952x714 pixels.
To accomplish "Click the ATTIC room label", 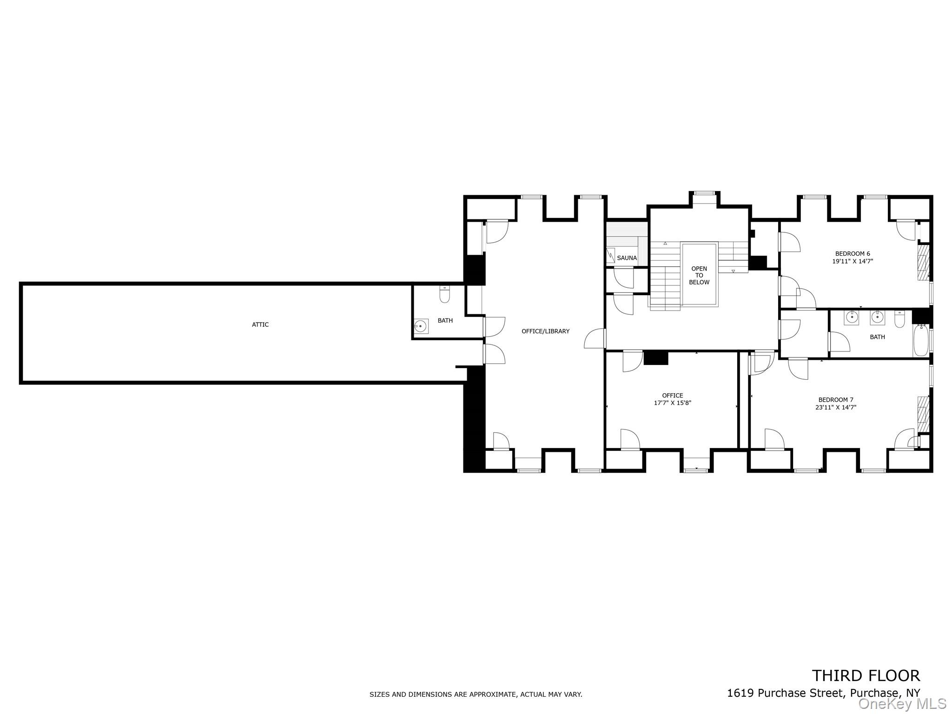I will (260, 324).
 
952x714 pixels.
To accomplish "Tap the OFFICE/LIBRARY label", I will (545, 331).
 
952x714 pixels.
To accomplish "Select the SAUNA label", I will (627, 258).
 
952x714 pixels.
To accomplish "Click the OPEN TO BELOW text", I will (699, 275).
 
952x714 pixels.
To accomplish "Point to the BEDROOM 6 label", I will (853, 253).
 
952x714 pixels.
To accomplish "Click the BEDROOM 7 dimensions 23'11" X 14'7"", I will (836, 407).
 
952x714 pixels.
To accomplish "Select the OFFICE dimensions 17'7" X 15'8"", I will (673, 403).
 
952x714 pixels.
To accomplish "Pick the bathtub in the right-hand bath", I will (920, 341).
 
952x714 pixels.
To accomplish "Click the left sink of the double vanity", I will (851, 317).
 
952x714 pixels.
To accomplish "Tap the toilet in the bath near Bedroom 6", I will (900, 319).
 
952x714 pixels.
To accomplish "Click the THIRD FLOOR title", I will (866, 675).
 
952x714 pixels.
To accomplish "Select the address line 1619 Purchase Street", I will (823, 693).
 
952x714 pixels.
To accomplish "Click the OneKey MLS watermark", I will (902, 704).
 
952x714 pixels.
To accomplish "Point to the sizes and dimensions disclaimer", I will (476, 694).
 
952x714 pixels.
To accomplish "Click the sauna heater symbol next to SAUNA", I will (610, 255).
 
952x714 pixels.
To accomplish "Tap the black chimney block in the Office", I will (656, 358).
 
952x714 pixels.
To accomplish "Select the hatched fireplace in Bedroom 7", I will (923, 414).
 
